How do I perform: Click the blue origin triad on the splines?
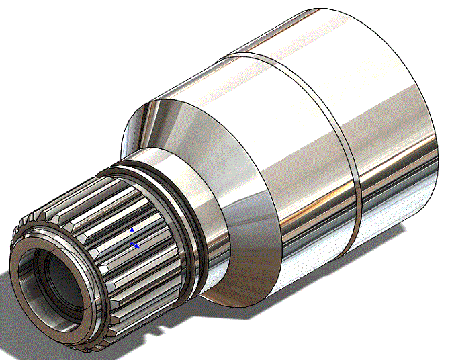pyautogui.click(x=133, y=240)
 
